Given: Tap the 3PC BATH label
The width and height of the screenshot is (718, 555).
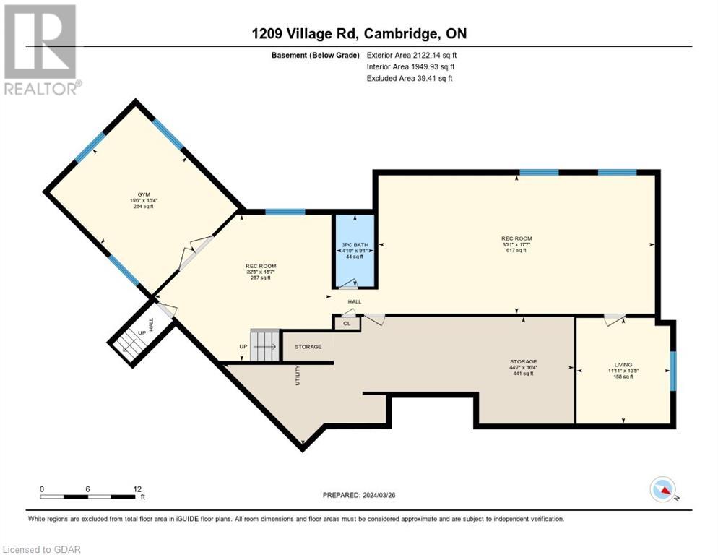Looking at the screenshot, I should pyautogui.click(x=355, y=245).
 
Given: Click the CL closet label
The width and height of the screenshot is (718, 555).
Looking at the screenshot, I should pyautogui.click(x=347, y=324).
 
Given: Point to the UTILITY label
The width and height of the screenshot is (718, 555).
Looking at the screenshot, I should pyautogui.click(x=298, y=375).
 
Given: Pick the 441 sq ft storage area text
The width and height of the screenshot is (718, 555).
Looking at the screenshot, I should pyautogui.click(x=522, y=374).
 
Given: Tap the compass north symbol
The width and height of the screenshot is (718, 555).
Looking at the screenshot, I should pyautogui.click(x=663, y=489).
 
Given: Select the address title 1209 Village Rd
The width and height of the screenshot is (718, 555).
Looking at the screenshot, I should pyautogui.click(x=358, y=34).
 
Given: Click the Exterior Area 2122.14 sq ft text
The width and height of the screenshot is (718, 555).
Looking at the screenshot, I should pyautogui.click(x=412, y=54).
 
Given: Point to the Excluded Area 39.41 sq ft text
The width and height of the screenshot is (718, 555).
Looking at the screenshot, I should pyautogui.click(x=410, y=78).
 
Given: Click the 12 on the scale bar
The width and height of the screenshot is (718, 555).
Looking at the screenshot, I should pyautogui.click(x=137, y=489).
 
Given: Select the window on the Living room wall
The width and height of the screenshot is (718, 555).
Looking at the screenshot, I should pyautogui.click(x=673, y=371).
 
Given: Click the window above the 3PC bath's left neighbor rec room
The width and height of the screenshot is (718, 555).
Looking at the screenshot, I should pyautogui.click(x=285, y=212).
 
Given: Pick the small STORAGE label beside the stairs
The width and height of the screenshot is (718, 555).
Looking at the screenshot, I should pyautogui.click(x=308, y=347).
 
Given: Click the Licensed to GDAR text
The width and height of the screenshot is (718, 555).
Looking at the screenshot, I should pyautogui.click(x=41, y=549).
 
